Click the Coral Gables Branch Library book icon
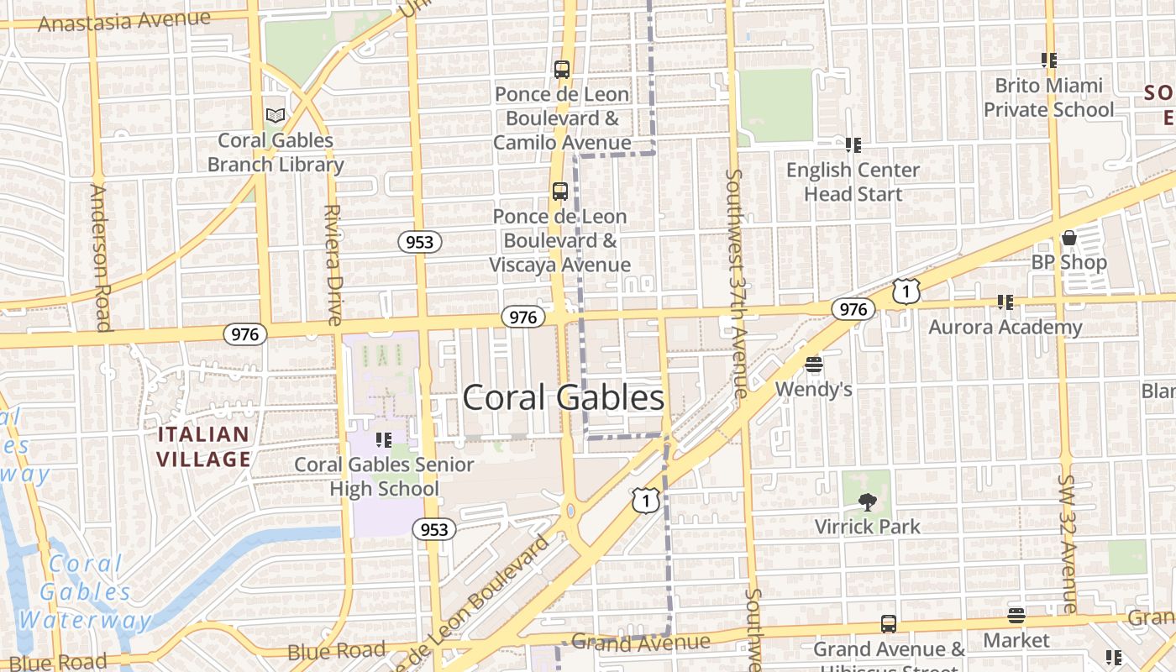[275, 115]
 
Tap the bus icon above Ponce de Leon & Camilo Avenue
[562, 70]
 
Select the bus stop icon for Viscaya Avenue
[560, 192]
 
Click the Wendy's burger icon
[813, 365]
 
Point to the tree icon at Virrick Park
[867, 502]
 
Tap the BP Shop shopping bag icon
[1068, 238]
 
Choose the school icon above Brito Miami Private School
[1048, 60]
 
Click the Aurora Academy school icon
[1005, 302]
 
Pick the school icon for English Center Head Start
[853, 145]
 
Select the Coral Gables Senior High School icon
[384, 440]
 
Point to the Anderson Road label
[100, 257]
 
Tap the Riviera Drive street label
[333, 265]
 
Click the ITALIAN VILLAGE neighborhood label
[203, 447]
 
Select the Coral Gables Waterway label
[86, 592]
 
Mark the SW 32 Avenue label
[1067, 543]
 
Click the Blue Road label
[336, 651]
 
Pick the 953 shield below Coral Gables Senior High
[433, 529]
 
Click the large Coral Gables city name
[563, 397]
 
